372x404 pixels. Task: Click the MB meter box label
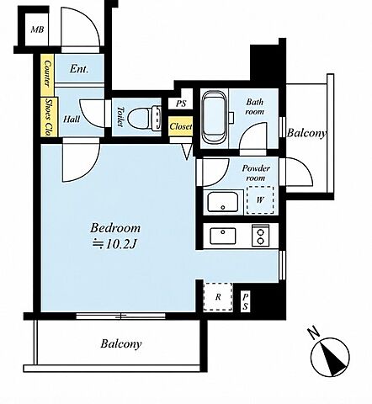pyautogui.click(x=37, y=29)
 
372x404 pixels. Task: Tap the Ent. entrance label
pyautogui.click(x=79, y=69)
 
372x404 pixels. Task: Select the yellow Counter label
pyautogui.click(x=47, y=73)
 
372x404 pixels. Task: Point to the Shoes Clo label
pyautogui.click(x=49, y=117)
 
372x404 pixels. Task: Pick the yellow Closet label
pyautogui.click(x=181, y=126)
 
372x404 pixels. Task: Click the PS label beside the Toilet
pyautogui.click(x=181, y=104)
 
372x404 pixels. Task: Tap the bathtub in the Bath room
pyautogui.click(x=215, y=117)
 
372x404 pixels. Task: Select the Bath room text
pyautogui.click(x=255, y=107)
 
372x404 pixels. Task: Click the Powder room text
pyautogui.click(x=256, y=173)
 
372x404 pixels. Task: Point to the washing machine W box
pyautogui.click(x=260, y=200)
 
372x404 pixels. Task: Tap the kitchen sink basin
pyautogui.click(x=223, y=236)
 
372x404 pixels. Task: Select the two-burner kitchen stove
pyautogui.click(x=261, y=236)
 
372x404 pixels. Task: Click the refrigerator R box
pyautogui.click(x=218, y=297)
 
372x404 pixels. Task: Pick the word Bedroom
pyautogui.click(x=115, y=228)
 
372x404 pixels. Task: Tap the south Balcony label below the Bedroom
pyautogui.click(x=121, y=343)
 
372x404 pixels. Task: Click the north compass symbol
pyautogui.click(x=330, y=354)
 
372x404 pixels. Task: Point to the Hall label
pyautogui.click(x=72, y=120)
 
